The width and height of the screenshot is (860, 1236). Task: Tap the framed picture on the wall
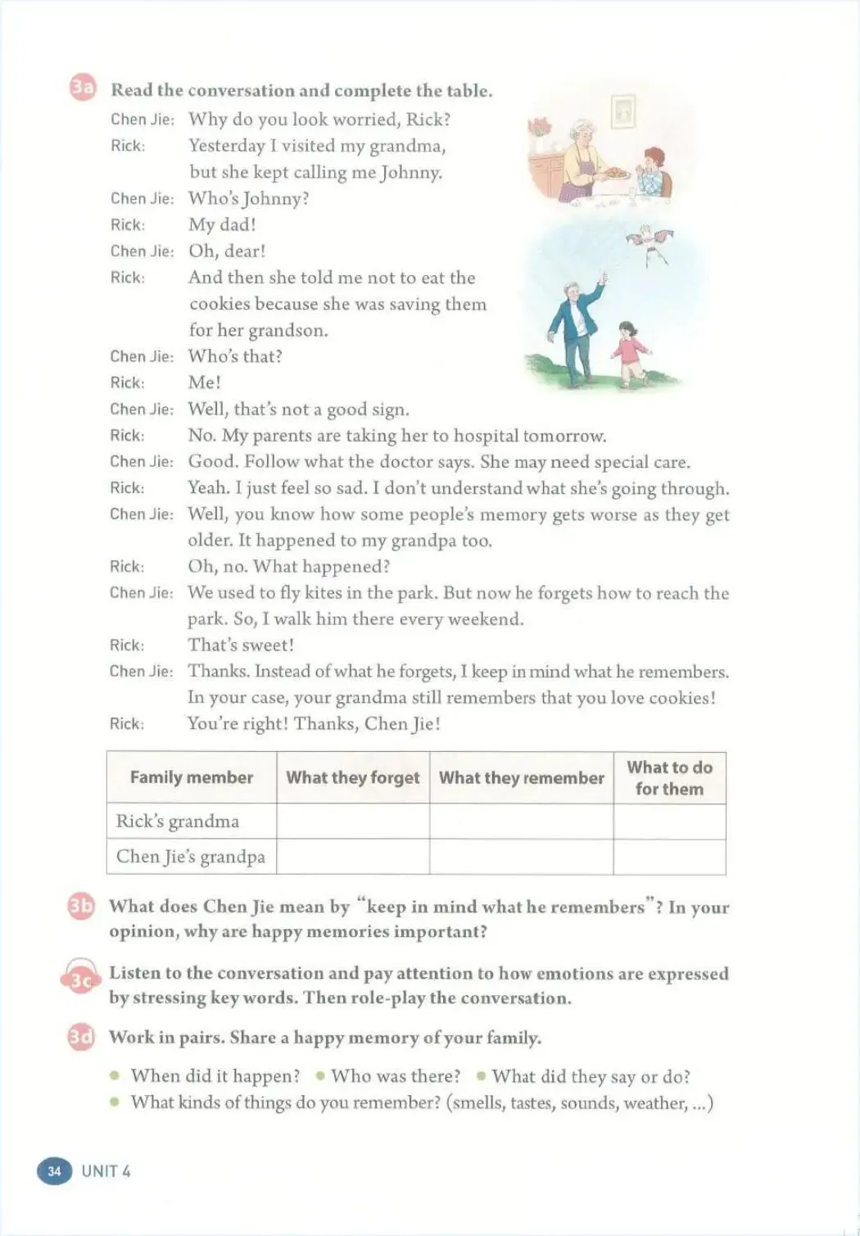(624, 111)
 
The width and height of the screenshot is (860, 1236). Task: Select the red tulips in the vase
(539, 129)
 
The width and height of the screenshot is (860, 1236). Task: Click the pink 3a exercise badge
(82, 88)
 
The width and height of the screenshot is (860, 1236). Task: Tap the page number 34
(54, 1170)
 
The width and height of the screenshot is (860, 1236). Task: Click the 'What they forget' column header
(352, 777)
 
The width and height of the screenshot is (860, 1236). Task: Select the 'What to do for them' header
(669, 778)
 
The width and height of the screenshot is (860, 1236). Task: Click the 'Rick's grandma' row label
(178, 821)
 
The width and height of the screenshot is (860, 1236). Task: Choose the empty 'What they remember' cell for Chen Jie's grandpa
(521, 857)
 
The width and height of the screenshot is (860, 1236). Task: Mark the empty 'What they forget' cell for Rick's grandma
(352, 821)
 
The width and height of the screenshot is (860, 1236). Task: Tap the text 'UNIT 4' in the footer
(106, 1170)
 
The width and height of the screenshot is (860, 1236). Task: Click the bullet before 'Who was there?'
(319, 1075)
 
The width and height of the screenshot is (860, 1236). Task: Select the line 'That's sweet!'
(241, 645)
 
